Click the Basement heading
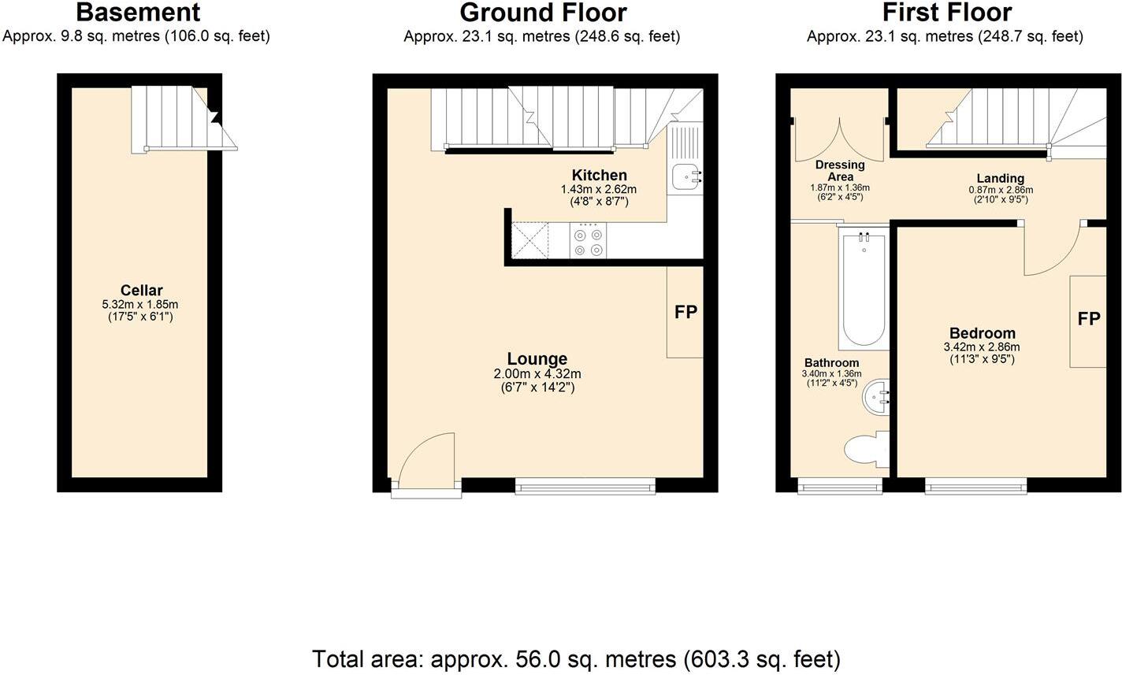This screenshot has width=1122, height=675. pyautogui.click(x=138, y=13)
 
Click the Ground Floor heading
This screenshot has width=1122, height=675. pyautogui.click(x=543, y=13)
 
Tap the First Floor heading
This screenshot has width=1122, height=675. pyautogui.click(x=946, y=13)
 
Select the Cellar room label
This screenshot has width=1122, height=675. pyautogui.click(x=141, y=291)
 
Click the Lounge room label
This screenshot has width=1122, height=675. pyautogui.click(x=537, y=359)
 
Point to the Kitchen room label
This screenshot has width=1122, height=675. pyautogui.click(x=599, y=175)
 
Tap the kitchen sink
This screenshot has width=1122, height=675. pyautogui.click(x=684, y=179)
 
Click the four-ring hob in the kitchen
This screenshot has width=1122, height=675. pyautogui.click(x=589, y=240)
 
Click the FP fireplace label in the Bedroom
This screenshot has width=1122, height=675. pyautogui.click(x=1089, y=319)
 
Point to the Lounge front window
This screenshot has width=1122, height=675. pyautogui.click(x=585, y=488)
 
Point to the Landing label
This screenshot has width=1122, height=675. pyautogui.click(x=1000, y=178)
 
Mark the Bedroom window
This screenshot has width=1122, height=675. pyautogui.click(x=976, y=488)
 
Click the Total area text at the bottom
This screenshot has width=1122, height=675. pyautogui.click(x=576, y=658)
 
